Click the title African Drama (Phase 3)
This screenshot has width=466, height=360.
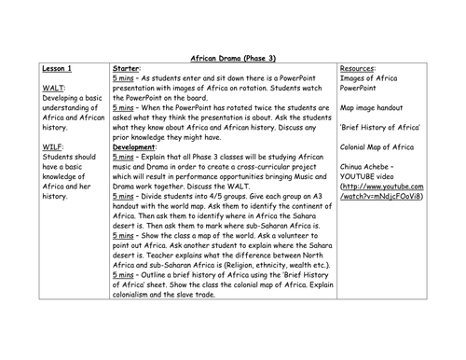[x=232, y=57]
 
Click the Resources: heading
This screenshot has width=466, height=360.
[x=361, y=69]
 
